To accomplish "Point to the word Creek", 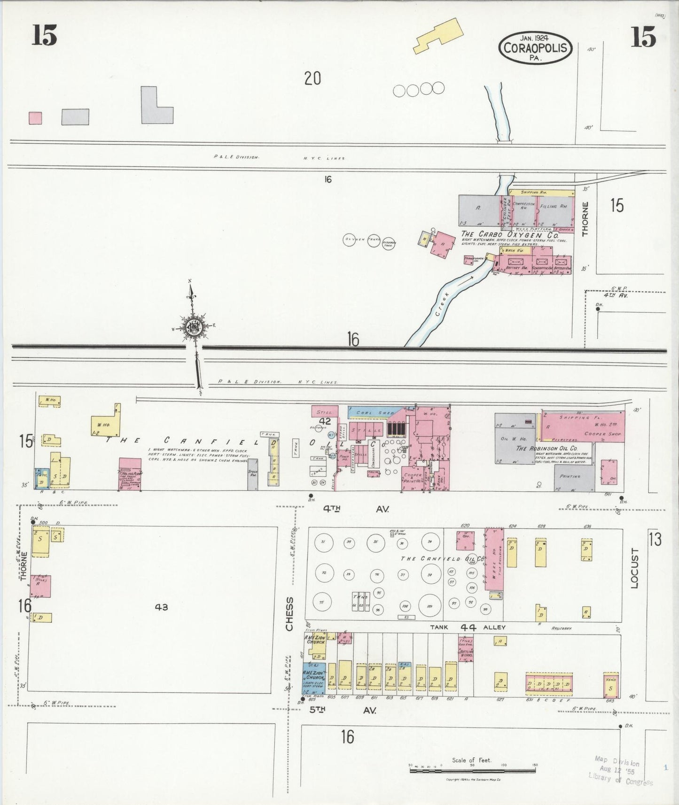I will click(442, 306).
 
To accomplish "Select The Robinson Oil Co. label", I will click(546, 448).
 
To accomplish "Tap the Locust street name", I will click(635, 568).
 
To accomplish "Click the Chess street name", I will click(289, 614).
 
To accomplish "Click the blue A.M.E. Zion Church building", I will click(313, 678).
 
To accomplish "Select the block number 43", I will click(161, 607).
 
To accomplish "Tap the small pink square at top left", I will click(35, 118).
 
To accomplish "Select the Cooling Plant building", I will click(130, 474).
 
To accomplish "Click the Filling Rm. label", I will click(554, 206).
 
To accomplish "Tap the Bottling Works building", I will click(466, 650).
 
